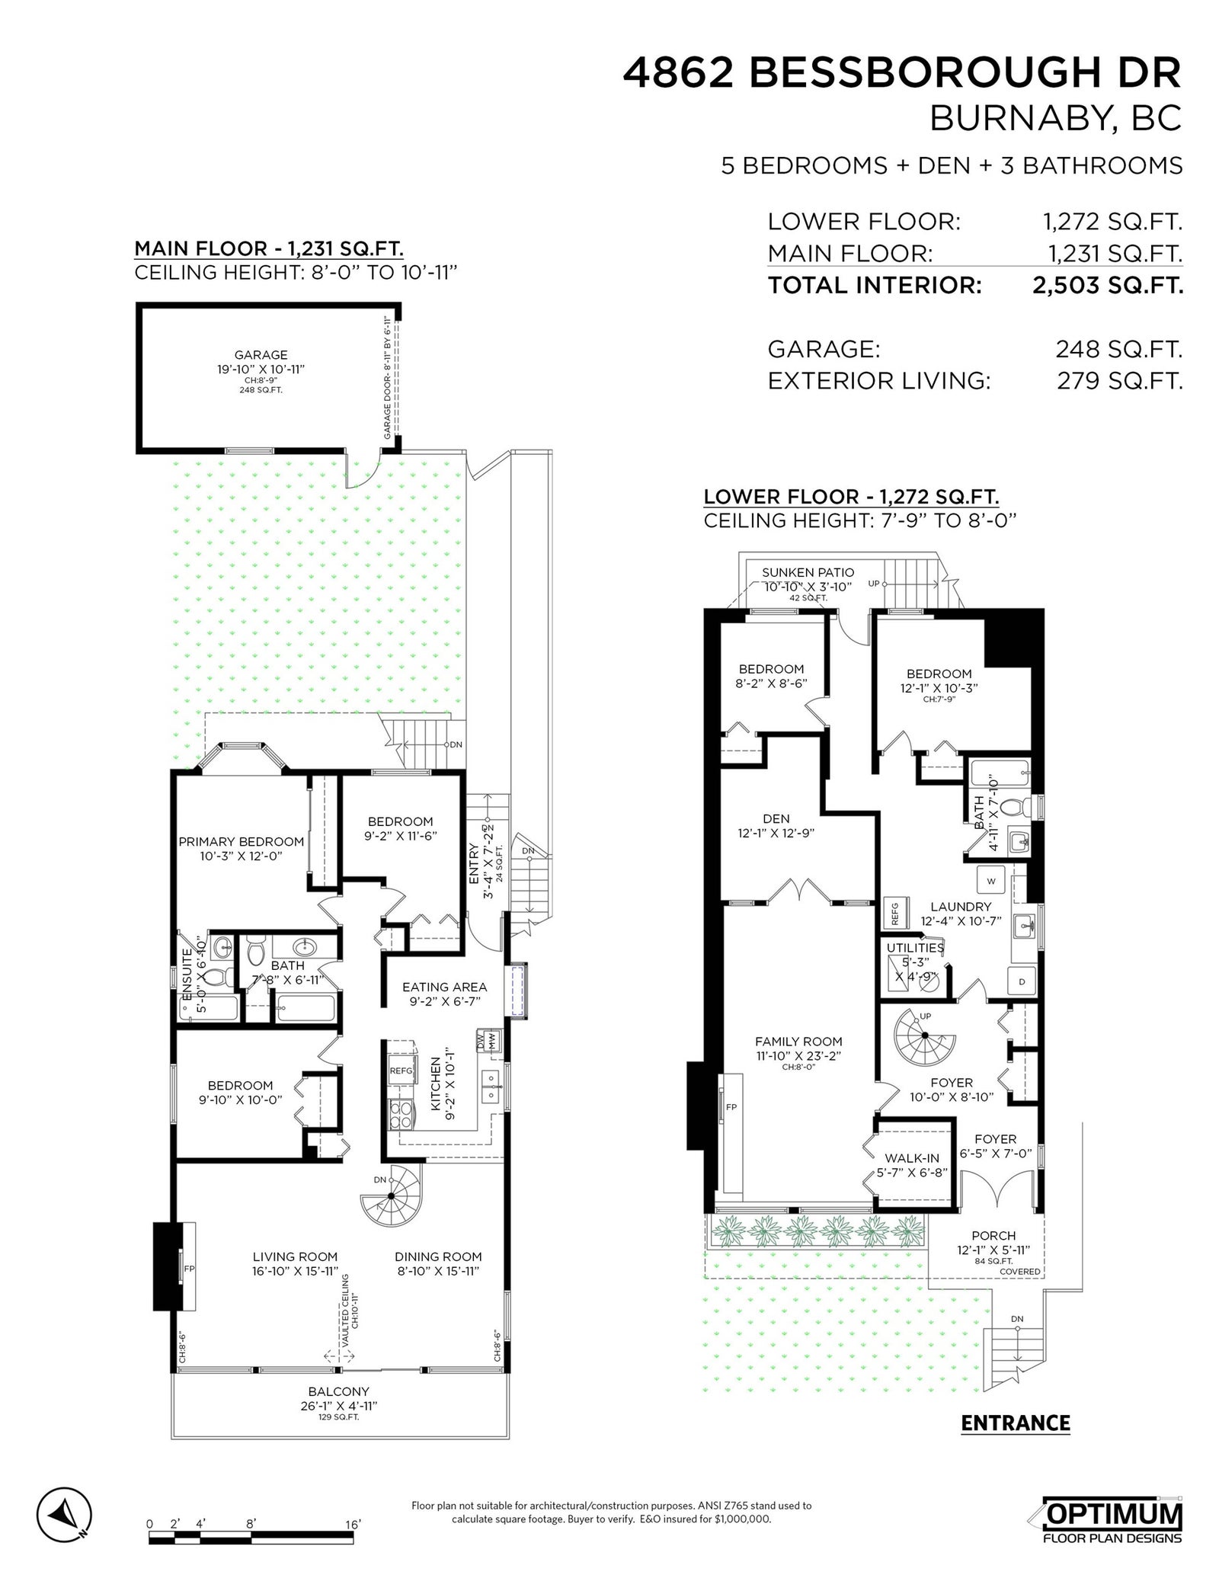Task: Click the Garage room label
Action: coord(261,354)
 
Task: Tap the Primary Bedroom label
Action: coord(241,842)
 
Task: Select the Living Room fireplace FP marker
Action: coord(189,1269)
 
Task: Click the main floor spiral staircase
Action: coord(391,1196)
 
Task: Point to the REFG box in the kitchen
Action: coord(402,1071)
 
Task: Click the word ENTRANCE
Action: coord(1016,1423)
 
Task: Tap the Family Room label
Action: coord(798,1042)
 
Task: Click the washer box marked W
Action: coord(991,881)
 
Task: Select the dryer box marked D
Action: coord(1022,982)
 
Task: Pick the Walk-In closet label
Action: coord(912,1158)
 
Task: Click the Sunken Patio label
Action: coord(808,572)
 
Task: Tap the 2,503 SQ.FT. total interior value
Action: coord(1107,285)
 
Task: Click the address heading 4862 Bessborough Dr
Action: coord(902,74)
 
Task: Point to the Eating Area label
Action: coord(444,987)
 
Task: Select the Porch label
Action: coord(993,1235)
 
